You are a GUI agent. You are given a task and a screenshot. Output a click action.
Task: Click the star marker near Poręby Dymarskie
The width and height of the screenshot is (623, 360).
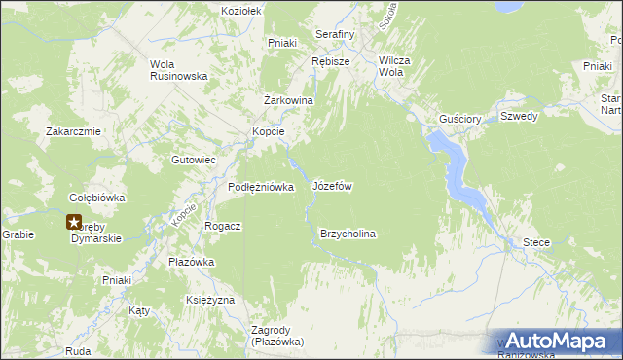click(74, 224)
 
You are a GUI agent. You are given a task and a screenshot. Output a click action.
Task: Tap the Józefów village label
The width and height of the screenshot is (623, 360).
click(331, 185)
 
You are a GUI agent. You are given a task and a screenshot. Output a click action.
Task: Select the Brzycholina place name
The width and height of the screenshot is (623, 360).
click(348, 234)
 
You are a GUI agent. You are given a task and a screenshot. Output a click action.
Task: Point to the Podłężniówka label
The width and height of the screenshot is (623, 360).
click(261, 187)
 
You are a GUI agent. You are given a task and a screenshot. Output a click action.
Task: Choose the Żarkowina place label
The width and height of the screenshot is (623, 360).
click(288, 100)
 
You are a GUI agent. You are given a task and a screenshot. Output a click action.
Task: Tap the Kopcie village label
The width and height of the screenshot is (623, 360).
click(268, 131)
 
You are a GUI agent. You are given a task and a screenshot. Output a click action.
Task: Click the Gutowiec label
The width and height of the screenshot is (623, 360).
click(193, 159)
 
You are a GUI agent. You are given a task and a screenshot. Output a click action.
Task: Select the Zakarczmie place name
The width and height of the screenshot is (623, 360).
click(73, 131)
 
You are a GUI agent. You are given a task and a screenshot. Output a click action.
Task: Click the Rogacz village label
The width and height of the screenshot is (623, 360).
click(222, 225)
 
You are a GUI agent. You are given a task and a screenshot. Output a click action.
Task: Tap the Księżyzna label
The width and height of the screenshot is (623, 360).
click(209, 300)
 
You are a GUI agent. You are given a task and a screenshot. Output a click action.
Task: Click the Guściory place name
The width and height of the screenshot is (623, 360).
click(460, 119)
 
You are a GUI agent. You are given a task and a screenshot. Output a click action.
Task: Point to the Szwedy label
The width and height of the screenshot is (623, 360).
click(519, 116)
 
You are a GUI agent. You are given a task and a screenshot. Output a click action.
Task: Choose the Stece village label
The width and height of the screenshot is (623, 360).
click(536, 242)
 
